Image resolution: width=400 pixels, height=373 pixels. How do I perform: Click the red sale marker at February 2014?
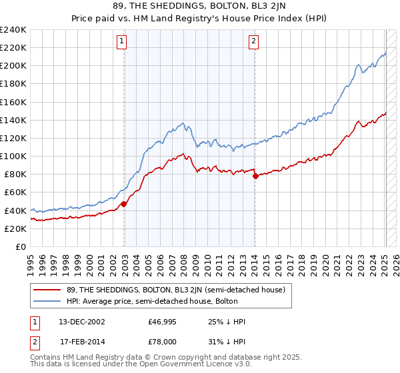(255, 176)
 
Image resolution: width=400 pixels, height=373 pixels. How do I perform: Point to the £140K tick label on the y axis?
(13, 120)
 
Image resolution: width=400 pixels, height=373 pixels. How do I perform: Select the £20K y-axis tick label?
(15, 228)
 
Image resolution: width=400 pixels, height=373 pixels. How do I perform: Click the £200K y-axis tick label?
(13, 66)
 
